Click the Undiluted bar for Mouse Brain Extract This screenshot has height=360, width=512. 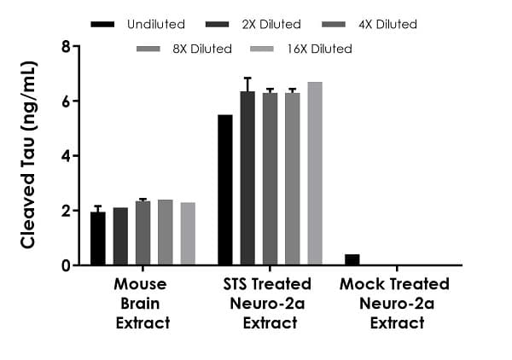pos(98,239)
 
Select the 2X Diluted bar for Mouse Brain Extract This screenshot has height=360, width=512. pos(120,236)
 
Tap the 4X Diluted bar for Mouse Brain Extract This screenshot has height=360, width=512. pos(143,233)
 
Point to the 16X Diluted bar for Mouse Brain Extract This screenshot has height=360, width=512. pos(187,234)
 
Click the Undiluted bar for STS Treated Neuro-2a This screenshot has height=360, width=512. pos(225,189)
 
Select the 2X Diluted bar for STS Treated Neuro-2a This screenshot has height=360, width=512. pos(247,178)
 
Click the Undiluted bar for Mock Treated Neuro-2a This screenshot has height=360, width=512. pos(352,259)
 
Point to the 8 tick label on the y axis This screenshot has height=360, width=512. pos(65,46)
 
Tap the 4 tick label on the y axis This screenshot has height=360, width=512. pos(65,156)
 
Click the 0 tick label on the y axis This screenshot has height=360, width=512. pos(65,265)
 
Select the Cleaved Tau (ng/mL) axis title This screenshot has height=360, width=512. pos(27,154)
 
